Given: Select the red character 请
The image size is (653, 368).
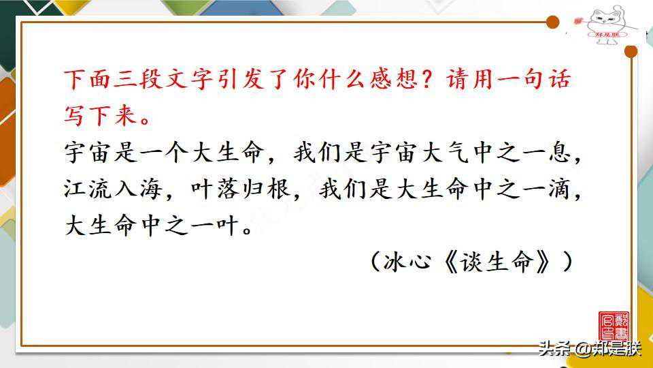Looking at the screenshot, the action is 458,79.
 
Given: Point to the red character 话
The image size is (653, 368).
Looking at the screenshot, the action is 559,79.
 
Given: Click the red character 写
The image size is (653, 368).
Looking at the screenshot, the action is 75,115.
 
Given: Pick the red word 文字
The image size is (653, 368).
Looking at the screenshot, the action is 190,79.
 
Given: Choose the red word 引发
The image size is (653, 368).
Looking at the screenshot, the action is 241,79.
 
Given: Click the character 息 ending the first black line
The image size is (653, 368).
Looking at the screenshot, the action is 559,152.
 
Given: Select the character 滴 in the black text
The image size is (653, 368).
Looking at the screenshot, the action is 559,189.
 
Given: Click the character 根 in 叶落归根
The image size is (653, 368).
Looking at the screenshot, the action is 279,189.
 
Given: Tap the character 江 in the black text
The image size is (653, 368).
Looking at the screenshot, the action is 75,189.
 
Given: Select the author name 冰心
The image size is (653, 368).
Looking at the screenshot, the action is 407,262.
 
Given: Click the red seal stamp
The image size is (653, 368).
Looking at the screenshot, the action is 614,326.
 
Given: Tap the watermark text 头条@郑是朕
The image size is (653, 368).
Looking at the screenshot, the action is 589,348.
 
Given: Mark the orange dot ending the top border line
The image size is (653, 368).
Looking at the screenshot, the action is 552,22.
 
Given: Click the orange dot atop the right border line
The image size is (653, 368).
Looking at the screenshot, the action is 631,51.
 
